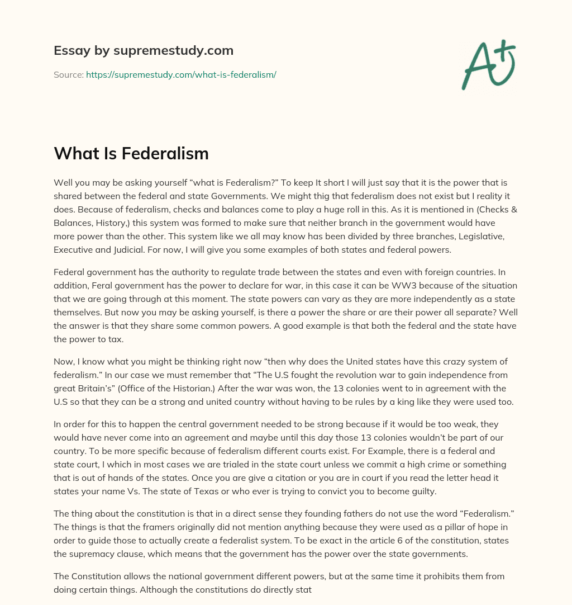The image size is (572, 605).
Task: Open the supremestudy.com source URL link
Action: coord(181,74)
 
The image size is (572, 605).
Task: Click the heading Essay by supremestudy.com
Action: coord(143,51)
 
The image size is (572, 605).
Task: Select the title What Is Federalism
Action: coord(131,153)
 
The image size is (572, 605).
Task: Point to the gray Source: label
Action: coord(68,74)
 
